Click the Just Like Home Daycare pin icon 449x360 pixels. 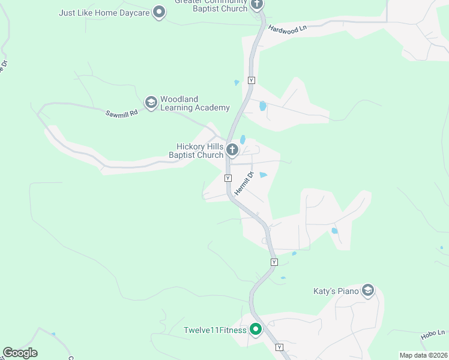pyautogui.click(x=159, y=12)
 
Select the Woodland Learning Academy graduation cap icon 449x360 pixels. pyautogui.click(x=151, y=103)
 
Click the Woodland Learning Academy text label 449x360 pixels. pyautogui.click(x=195, y=103)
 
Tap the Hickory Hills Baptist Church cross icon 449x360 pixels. pyautogui.click(x=232, y=148)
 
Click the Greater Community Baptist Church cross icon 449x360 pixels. pyautogui.click(x=257, y=5)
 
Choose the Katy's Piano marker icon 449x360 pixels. pyautogui.click(x=368, y=292)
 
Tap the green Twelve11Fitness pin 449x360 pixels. pyautogui.click(x=255, y=329)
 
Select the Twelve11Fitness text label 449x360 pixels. pyautogui.click(x=215, y=330)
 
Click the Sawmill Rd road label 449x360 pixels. pyautogui.click(x=122, y=112)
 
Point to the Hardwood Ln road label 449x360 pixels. pyautogui.click(x=287, y=28)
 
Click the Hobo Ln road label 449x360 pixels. pyautogui.click(x=433, y=335)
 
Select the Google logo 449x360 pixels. pyautogui.click(x=20, y=353)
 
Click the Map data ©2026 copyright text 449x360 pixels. pyautogui.click(x=423, y=355)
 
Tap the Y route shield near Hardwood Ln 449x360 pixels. pyautogui.click(x=251, y=80)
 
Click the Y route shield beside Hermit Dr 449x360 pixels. pyautogui.click(x=228, y=178)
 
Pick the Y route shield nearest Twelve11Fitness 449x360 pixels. pyautogui.click(x=279, y=347)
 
